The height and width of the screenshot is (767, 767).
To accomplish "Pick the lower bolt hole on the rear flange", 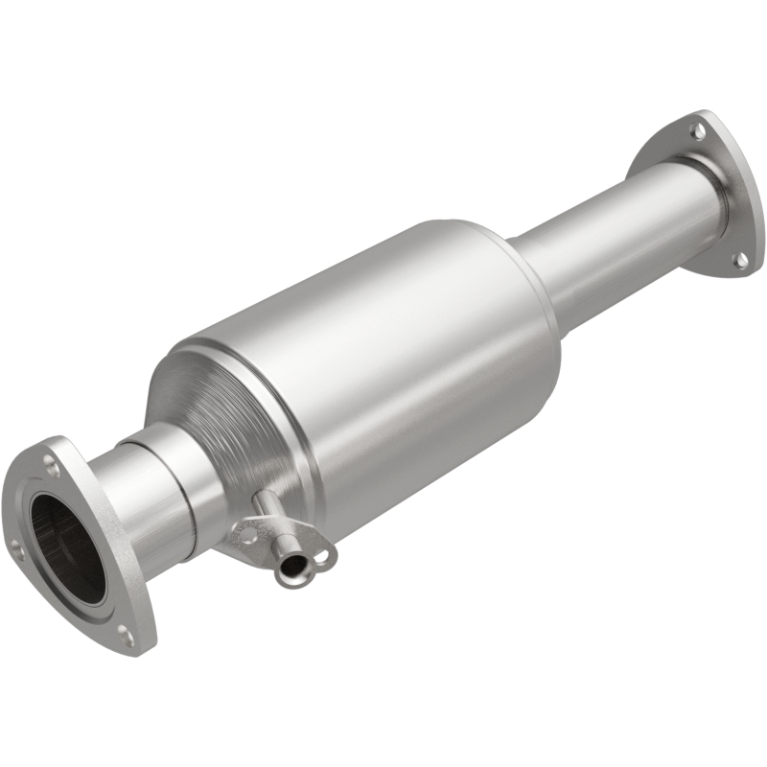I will (740, 258).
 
